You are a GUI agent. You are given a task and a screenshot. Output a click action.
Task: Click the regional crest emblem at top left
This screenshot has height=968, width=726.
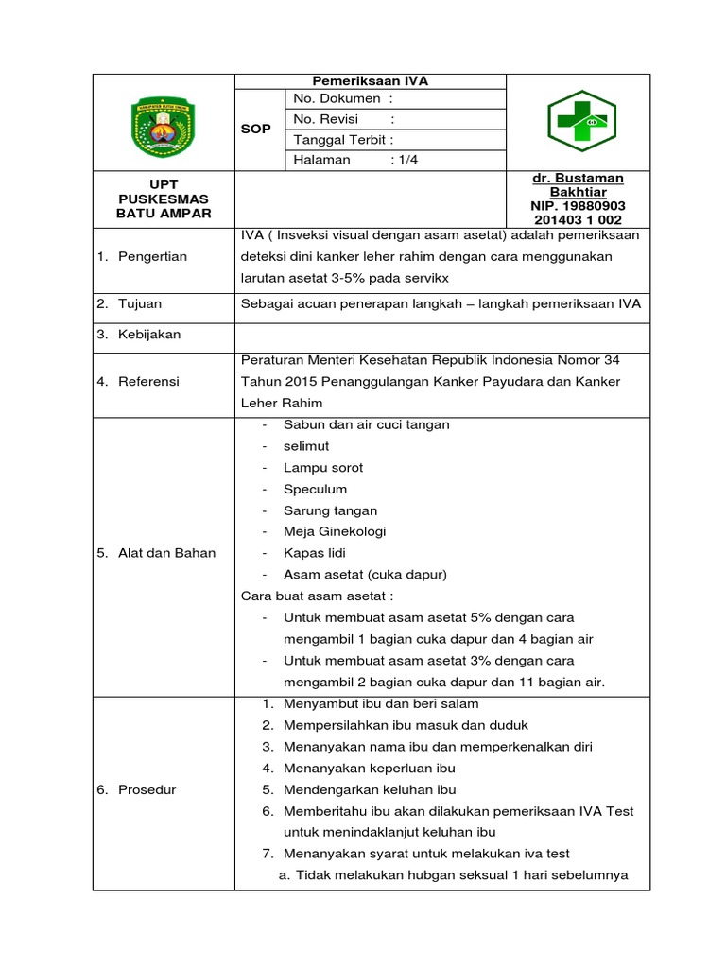tap(164, 122)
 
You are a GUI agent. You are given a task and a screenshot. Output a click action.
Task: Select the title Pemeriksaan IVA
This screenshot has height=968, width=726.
tap(371, 81)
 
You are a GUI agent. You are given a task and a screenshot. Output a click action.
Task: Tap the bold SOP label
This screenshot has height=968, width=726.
tap(255, 129)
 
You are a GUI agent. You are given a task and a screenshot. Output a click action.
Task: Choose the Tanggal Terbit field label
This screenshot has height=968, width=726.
tap(342, 139)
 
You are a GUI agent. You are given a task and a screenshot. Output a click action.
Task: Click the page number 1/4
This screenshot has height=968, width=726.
tap(406, 160)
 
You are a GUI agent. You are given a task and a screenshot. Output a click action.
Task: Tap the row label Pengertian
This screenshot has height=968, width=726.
tap(152, 256)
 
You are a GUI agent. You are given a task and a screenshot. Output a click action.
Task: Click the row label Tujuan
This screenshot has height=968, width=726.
tap(140, 303)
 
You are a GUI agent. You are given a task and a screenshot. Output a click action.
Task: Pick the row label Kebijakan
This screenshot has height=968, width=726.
tap(149, 335)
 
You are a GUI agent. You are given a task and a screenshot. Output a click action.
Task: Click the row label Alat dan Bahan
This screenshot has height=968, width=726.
tap(166, 553)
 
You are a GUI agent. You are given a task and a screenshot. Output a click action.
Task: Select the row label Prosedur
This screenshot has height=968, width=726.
tap(147, 789)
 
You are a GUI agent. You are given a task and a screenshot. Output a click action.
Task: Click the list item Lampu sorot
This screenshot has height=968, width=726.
tap(322, 467)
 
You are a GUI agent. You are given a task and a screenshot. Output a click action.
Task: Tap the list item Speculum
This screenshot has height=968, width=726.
tap(315, 489)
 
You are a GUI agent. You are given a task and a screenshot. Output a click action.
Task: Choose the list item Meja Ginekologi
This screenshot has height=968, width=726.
tap(334, 531)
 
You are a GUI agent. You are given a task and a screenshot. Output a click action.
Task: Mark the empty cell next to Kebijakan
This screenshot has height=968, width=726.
tap(441, 336)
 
